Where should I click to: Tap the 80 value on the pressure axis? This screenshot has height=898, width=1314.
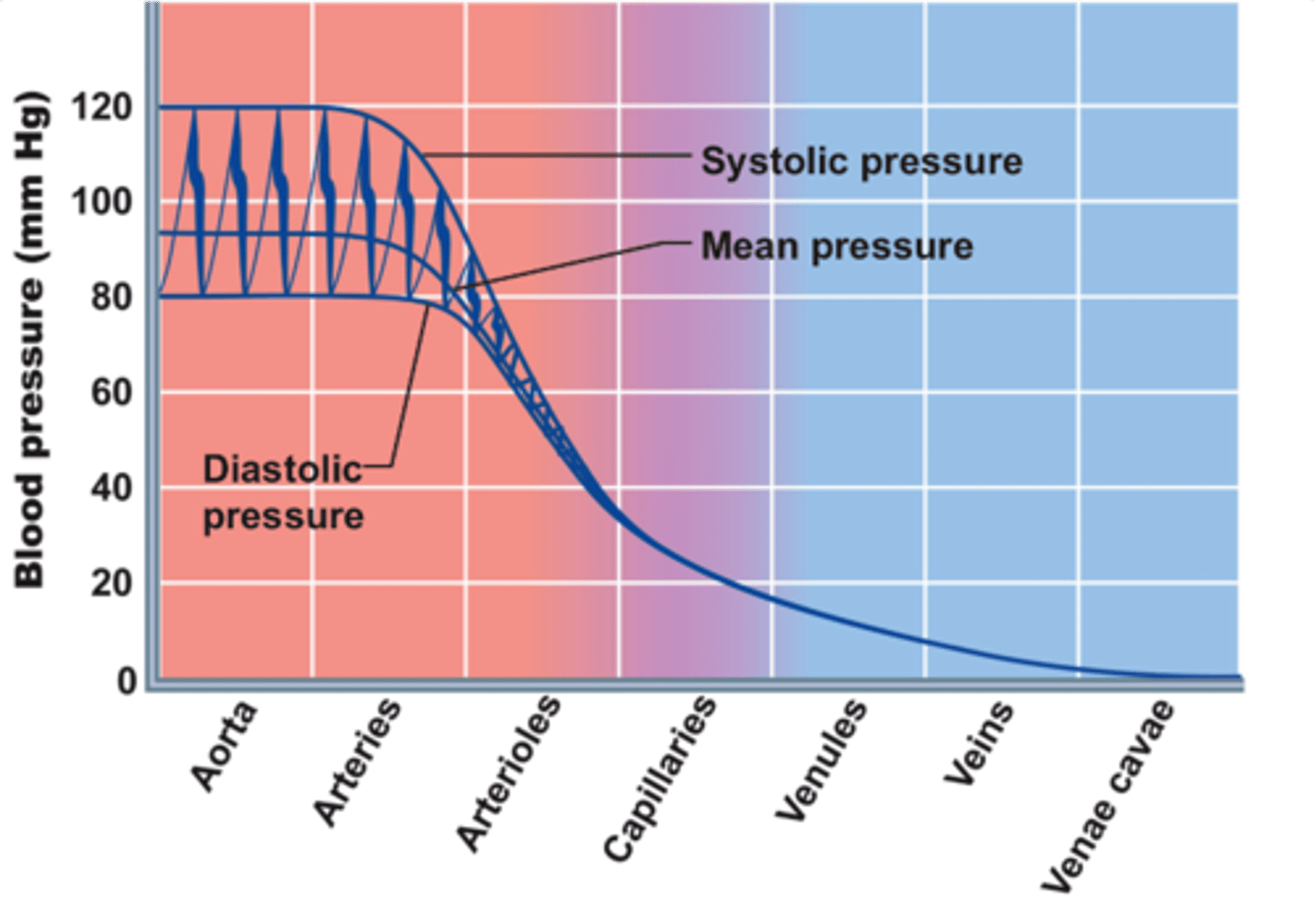pos(110,298)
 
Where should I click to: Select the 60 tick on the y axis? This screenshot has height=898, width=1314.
pos(110,393)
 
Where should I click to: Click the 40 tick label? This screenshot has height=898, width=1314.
pos(110,488)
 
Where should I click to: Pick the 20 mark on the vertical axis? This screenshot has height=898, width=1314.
pos(110,583)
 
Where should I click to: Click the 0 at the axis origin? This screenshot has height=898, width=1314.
pos(127,681)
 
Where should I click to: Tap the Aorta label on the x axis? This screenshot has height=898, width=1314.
pos(224,747)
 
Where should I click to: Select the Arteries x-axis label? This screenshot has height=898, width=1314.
pos(357,763)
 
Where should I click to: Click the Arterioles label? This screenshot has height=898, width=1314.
pos(508,773)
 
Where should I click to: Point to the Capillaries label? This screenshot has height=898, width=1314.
pos(660,778)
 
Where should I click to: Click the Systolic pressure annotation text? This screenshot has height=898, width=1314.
pos(861,162)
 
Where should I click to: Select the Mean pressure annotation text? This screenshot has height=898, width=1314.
pos(837,246)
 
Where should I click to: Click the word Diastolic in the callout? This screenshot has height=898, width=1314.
pos(282,469)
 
